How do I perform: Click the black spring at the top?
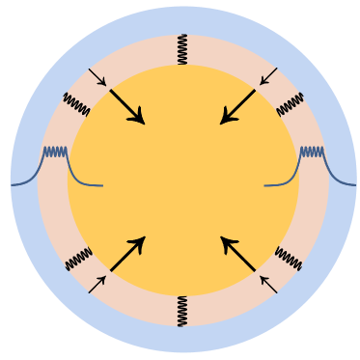click(182, 49)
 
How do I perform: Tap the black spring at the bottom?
click(182, 311)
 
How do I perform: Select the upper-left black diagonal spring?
click(77, 104)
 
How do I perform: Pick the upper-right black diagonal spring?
click(290, 104)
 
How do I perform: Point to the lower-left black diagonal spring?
click(78, 259)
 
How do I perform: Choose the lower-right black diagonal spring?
click(288, 259)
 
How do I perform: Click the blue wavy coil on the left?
click(55, 152)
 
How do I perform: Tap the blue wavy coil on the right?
click(312, 152)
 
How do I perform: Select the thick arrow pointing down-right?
click(126, 106)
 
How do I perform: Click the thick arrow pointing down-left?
click(238, 106)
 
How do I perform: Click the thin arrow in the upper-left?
click(97, 77)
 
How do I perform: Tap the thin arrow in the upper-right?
click(268, 77)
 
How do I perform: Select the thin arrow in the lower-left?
click(97, 284)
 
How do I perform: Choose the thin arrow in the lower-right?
click(268, 284)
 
